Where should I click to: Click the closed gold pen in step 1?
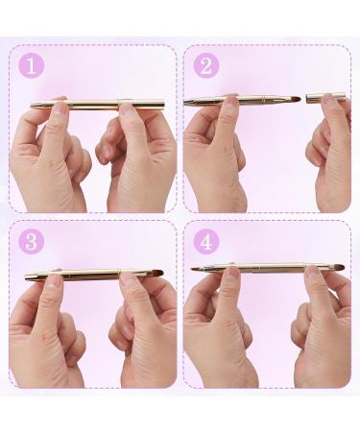click(96, 105)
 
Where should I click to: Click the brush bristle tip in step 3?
click(156, 274)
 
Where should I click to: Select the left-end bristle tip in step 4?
click(196, 269)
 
